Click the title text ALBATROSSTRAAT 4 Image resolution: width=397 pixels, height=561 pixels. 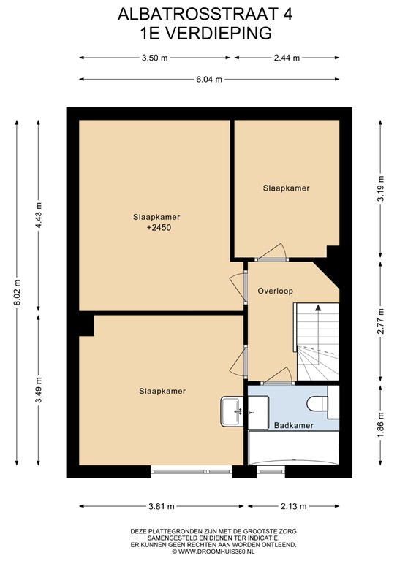[198, 14]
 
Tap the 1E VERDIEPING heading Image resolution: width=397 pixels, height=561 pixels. [198, 31]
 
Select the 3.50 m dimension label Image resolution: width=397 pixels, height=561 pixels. [155, 58]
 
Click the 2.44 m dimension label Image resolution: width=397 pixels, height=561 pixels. [287, 58]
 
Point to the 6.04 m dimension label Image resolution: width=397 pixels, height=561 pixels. [208, 79]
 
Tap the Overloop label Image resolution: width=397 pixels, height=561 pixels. [275, 291]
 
